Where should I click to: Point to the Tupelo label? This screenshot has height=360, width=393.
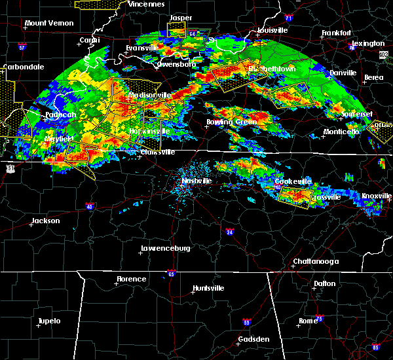[48, 321]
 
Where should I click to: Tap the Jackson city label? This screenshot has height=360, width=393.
[46, 221]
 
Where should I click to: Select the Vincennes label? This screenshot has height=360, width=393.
[146, 4]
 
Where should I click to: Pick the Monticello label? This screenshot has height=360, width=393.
[341, 132]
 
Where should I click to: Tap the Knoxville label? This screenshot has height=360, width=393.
[377, 196]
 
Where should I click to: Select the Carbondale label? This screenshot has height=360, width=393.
[23, 67]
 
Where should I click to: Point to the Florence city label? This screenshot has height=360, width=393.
[131, 279]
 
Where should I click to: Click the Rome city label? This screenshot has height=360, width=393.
[307, 321]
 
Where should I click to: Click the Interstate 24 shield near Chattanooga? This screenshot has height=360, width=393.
[230, 232]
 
